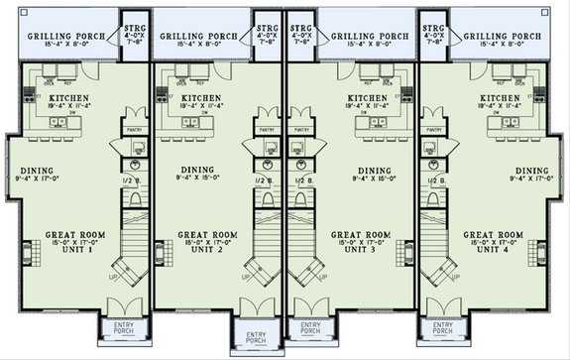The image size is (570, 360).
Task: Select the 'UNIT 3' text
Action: pyautogui.click(x=367, y=247)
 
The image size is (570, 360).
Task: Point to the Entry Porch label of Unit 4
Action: pyautogui.click(x=442, y=325)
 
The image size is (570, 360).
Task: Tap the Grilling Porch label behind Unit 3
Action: pyautogui.click(x=369, y=35)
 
